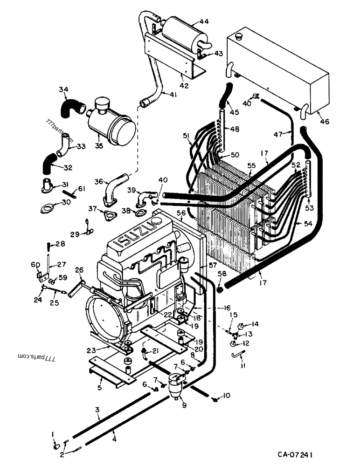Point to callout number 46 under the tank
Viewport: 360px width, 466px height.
click(324, 122)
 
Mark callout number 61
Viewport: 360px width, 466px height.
click(82, 188)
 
